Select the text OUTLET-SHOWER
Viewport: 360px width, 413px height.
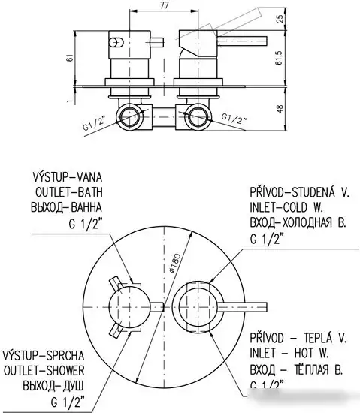[44, 370]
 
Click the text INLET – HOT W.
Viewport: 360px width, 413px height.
[290, 355]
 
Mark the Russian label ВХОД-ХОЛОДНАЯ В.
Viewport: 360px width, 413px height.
[298, 223]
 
